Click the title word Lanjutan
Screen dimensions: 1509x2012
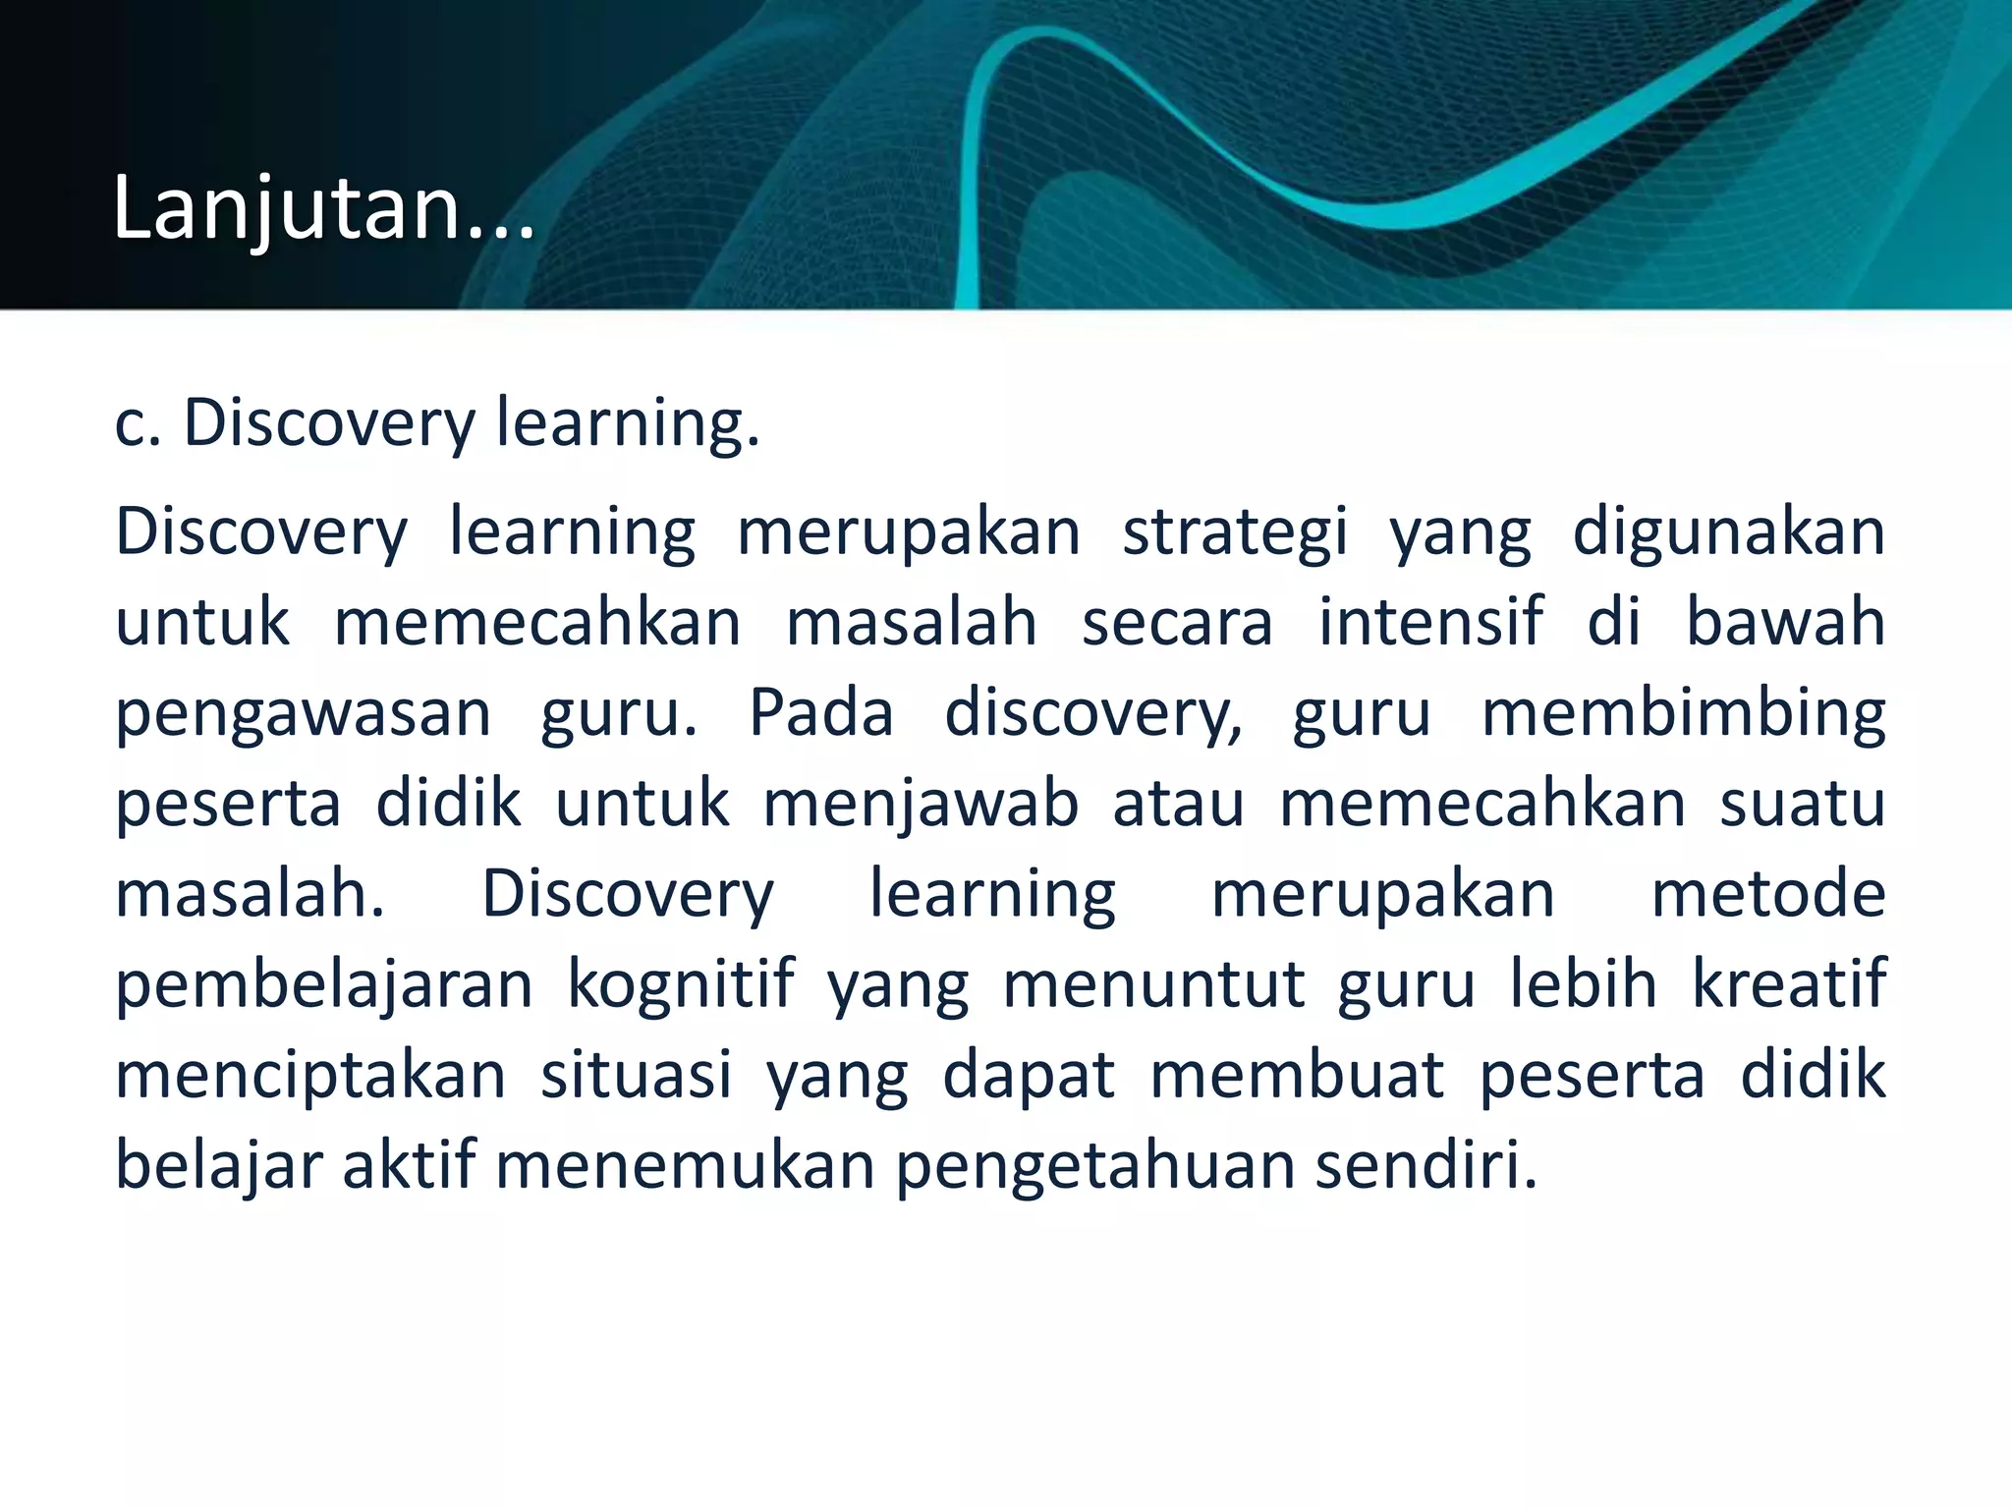(324, 208)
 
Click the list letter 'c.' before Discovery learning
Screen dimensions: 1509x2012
(138, 424)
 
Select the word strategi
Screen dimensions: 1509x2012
(1235, 533)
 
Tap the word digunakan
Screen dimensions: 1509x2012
(1728, 533)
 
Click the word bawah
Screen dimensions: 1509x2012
(1785, 623)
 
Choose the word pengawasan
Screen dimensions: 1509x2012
(303, 714)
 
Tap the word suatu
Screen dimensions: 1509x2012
(1803, 805)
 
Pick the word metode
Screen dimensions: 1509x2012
(1767, 894)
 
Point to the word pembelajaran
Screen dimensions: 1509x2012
(324, 985)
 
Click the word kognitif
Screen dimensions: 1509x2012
(680, 985)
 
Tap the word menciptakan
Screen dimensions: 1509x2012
(310, 1076)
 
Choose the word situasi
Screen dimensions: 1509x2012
(637, 1076)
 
